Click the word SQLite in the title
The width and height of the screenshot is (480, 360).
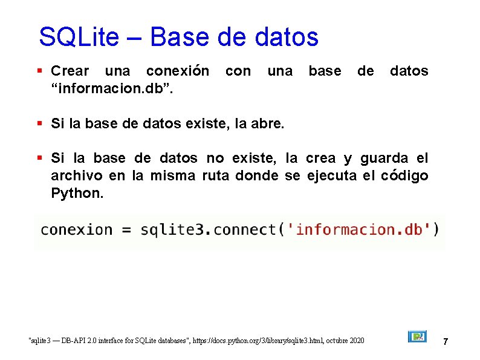click(x=79, y=37)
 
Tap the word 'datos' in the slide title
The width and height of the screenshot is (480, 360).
click(x=287, y=37)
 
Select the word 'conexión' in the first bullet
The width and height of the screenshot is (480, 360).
click(x=178, y=71)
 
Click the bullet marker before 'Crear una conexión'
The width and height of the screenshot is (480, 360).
click(x=39, y=71)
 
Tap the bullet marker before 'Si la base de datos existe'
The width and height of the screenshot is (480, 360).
click(x=39, y=124)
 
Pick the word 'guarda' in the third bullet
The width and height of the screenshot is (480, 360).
click(x=384, y=159)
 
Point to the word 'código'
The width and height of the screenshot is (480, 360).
click(x=404, y=176)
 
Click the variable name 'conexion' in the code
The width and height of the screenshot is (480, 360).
click(x=76, y=230)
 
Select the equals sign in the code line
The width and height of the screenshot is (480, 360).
click(x=126, y=231)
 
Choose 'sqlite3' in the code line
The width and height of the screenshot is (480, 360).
click(x=174, y=230)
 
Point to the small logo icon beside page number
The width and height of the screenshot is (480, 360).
click(x=417, y=336)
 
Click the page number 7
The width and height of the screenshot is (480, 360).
click(x=446, y=342)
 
